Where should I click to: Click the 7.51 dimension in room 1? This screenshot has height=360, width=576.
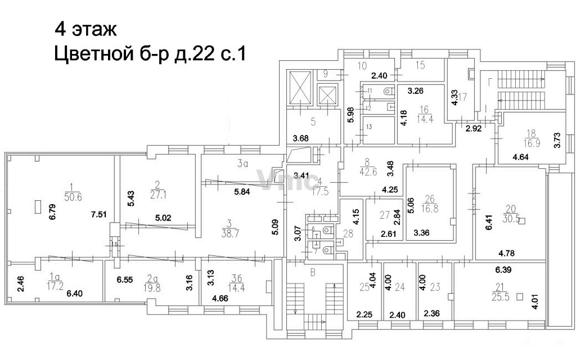coord(100,215)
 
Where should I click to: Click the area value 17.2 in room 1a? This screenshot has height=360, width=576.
coord(55,285)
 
